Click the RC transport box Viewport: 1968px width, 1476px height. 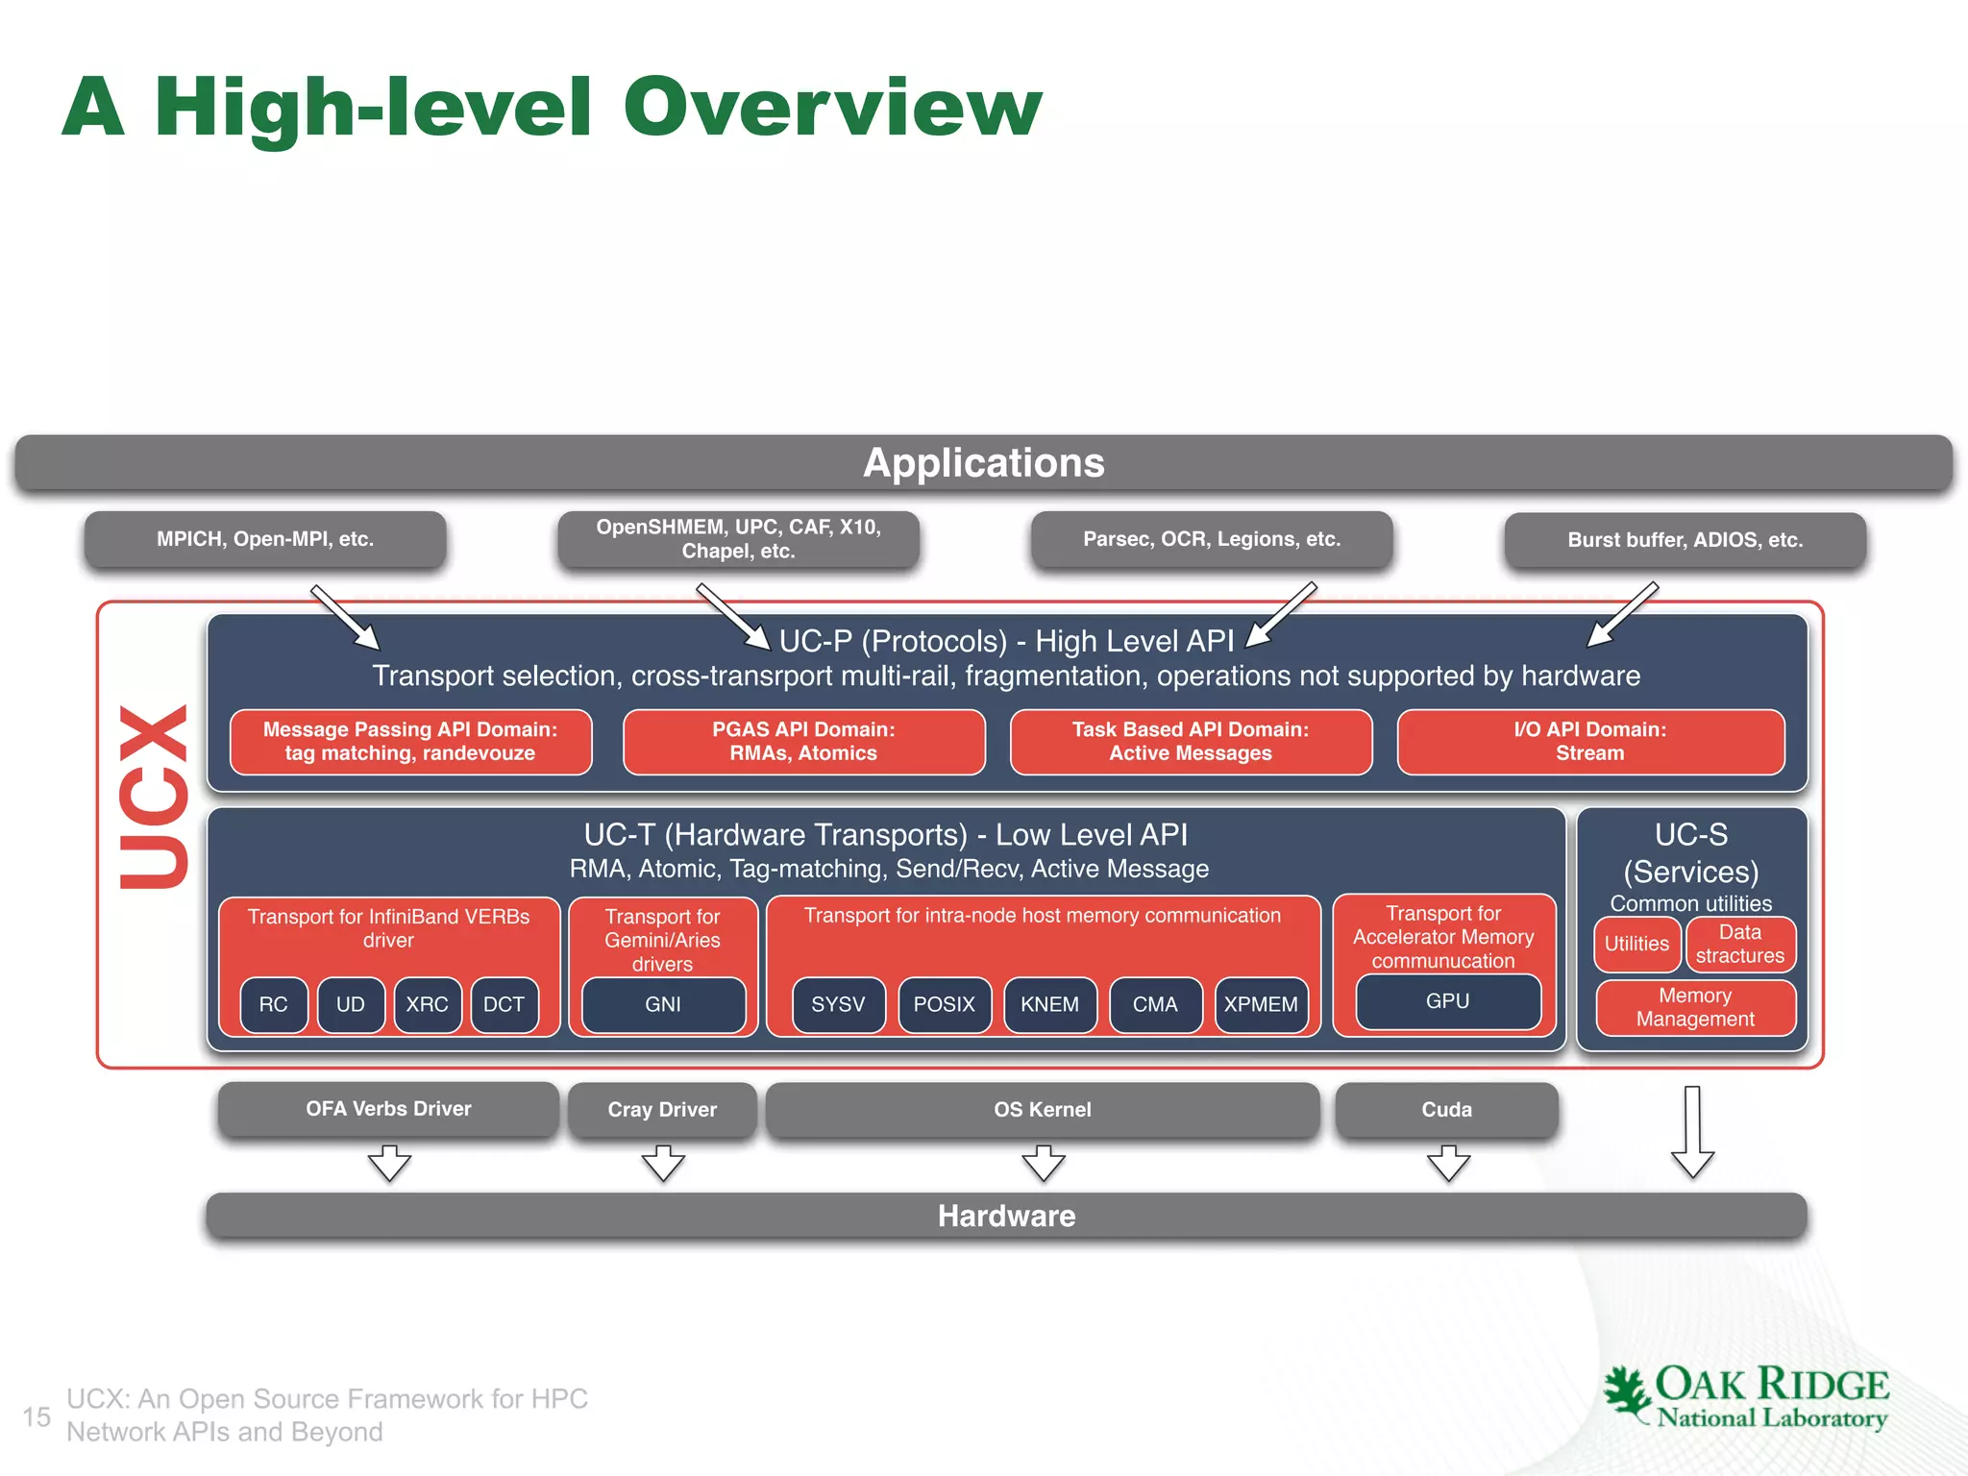274,1004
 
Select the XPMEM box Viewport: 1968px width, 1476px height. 1260,1004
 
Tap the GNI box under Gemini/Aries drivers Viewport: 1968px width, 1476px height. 663,1004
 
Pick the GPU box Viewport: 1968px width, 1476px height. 1447,1001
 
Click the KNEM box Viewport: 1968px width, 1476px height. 1049,1004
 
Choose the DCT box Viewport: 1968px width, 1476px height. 504,1004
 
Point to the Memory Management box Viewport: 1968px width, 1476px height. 1695,1007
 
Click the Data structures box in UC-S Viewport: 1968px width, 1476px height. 1739,944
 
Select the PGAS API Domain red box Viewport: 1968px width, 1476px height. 803,742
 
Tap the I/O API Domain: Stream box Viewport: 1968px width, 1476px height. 1590,742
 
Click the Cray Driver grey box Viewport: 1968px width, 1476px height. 662,1110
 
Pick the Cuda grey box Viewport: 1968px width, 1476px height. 1446,1110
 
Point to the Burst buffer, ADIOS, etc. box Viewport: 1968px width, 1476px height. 1685,540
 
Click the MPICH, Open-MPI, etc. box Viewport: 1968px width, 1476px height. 265,539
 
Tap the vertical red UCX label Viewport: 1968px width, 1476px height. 154,797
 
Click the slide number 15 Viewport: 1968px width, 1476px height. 37,1416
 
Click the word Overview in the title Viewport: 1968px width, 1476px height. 832,108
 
